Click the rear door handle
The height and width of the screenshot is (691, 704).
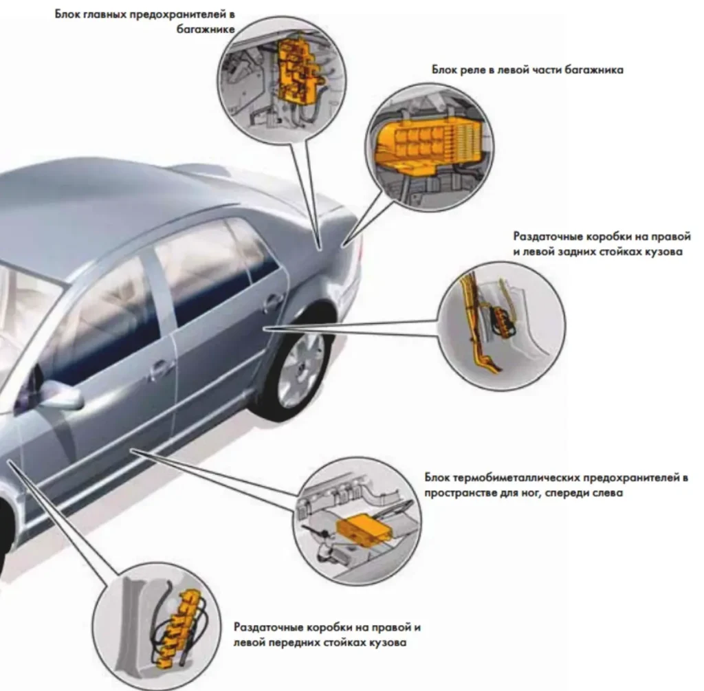click(273, 300)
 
